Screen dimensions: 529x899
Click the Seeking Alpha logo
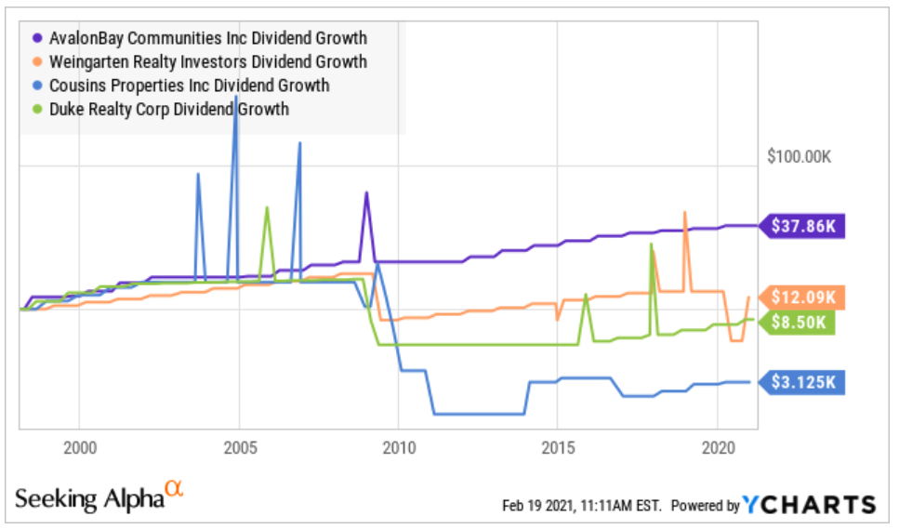pyautogui.click(x=99, y=496)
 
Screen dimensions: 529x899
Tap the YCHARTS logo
pyautogui.click(x=810, y=505)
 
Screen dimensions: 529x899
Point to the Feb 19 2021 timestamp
pyautogui.click(x=581, y=506)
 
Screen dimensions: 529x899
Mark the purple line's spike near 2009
pyautogui.click(x=366, y=194)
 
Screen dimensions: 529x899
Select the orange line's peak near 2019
pyautogui.click(x=685, y=213)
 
